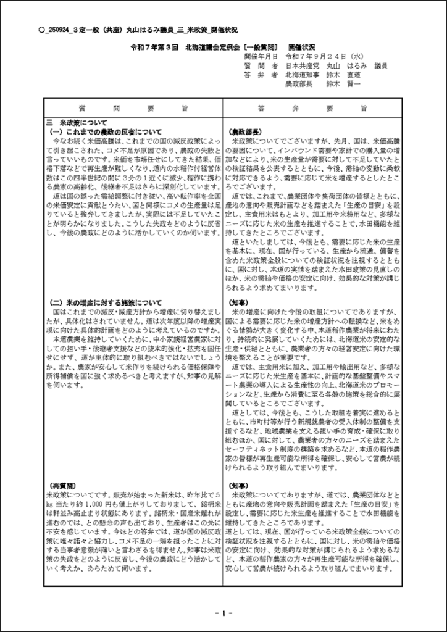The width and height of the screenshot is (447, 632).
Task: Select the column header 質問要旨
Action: [x=134, y=108]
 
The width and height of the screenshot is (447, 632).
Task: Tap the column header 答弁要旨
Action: [x=312, y=108]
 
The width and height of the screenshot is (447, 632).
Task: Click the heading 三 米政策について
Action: [x=77, y=122]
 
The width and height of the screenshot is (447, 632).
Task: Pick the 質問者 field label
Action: [x=262, y=65]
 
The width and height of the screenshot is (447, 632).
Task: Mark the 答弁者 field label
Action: [x=262, y=74]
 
